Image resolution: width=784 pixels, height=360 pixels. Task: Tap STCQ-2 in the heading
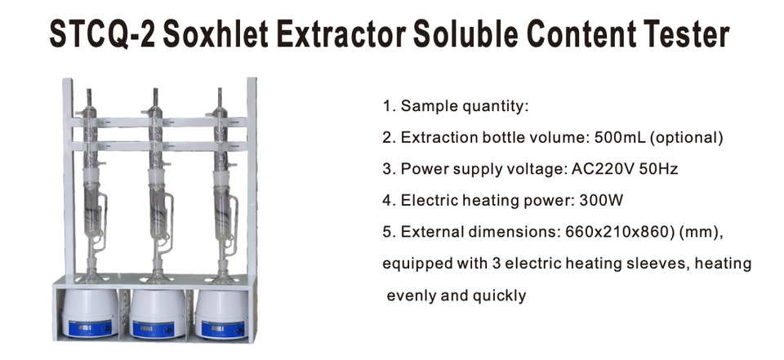point(96,34)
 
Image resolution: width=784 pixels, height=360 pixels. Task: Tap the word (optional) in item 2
point(688,138)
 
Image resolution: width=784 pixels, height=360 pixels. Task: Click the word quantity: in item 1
point(499,107)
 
